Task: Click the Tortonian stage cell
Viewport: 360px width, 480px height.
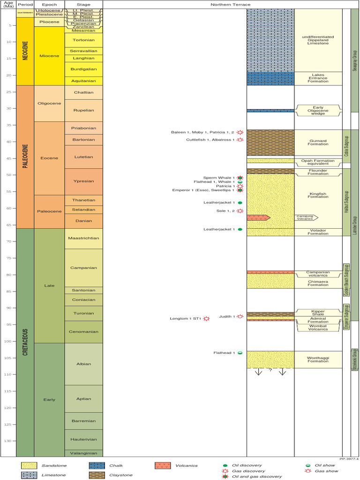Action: coord(83,40)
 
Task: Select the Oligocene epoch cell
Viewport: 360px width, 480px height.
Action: coord(49,104)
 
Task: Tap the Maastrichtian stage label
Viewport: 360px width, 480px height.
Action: coord(83,239)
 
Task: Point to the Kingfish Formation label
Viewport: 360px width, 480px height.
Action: coord(318,194)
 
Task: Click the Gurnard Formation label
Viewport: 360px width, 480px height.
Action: coord(318,142)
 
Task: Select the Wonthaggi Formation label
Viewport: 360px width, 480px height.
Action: coord(318,359)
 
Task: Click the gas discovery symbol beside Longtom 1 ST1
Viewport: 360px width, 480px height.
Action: coord(206,319)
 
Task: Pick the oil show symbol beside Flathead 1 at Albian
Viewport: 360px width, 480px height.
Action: coord(240,353)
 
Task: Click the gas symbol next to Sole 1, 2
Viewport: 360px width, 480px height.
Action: coord(240,211)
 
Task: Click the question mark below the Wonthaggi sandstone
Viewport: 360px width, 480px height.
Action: coord(270,370)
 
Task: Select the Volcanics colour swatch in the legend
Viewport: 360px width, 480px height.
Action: coord(162,465)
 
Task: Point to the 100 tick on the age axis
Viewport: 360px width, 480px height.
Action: coord(8,341)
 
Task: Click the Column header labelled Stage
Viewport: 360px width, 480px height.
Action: coord(83,5)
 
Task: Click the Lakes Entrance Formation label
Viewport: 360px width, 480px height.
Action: coord(318,78)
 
